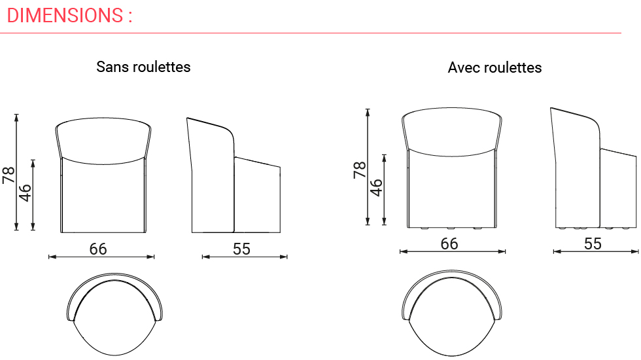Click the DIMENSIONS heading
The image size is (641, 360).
pos(69,15)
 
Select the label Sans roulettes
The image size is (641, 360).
pos(143,67)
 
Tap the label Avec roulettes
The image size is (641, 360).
pos(494,67)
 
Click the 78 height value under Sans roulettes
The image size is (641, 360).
pos(9,174)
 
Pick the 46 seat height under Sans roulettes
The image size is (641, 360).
pos(25,192)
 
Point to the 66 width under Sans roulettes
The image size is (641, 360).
pos(98,249)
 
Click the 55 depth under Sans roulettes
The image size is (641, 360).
pos(241,249)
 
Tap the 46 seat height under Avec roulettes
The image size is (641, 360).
pos(376,187)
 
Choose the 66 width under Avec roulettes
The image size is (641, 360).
pos(449,243)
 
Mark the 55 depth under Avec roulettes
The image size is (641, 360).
pos(593,243)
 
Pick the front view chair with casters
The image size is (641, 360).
pos(451,169)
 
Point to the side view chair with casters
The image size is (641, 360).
pos(593,169)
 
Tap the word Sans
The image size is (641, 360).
pos(113,67)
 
